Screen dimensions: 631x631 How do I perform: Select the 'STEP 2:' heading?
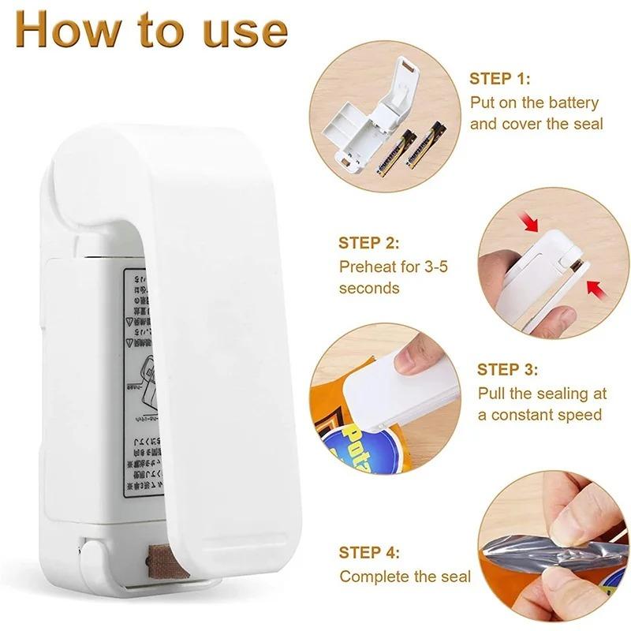[369, 243]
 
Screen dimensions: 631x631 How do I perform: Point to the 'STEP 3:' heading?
[508, 369]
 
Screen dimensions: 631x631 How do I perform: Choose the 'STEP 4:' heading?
[369, 553]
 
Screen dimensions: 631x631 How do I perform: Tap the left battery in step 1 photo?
[388, 151]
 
